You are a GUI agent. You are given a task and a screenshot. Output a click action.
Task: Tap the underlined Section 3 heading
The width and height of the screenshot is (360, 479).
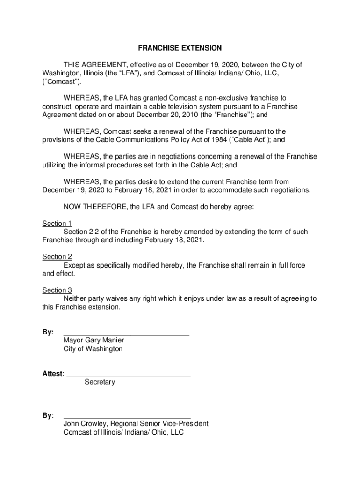pyautogui.click(x=57, y=290)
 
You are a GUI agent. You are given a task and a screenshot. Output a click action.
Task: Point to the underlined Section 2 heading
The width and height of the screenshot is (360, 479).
pyautogui.click(x=57, y=257)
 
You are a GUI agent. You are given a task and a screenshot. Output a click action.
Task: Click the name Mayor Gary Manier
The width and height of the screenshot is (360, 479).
pyautogui.click(x=94, y=341)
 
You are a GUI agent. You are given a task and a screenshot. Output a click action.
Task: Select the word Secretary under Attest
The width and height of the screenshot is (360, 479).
pyautogui.click(x=100, y=382)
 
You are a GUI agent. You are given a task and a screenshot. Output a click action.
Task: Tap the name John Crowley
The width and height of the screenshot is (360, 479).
pyautogui.click(x=85, y=424)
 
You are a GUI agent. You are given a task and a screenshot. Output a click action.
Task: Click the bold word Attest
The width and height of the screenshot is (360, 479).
pyautogui.click(x=52, y=374)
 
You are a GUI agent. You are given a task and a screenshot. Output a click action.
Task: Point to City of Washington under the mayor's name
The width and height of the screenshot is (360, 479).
pyautogui.click(x=93, y=349)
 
